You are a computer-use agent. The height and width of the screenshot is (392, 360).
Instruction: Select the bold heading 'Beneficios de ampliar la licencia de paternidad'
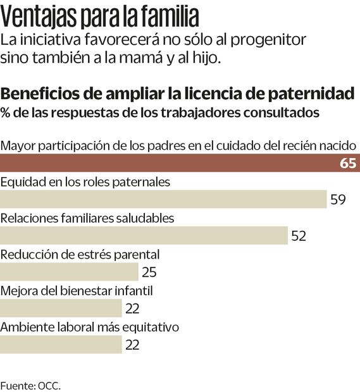(x=178, y=95)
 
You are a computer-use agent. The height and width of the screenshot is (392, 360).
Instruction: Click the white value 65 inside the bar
(x=347, y=163)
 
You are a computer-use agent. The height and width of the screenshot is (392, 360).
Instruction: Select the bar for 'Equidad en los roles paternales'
(x=163, y=199)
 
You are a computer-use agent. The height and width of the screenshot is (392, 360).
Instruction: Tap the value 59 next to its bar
(x=338, y=200)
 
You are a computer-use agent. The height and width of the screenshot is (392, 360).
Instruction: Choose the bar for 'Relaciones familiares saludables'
(x=144, y=235)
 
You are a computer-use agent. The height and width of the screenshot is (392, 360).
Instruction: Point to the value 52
(x=298, y=236)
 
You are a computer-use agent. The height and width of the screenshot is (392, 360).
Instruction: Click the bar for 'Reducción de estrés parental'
(x=69, y=272)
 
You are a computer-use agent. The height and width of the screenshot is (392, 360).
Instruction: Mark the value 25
(x=149, y=273)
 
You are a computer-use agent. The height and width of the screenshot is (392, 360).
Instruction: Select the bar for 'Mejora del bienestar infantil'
(x=61, y=308)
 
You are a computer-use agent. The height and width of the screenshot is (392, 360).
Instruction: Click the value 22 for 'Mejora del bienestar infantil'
(x=132, y=309)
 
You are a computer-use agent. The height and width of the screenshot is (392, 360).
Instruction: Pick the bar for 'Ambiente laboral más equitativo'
(x=61, y=345)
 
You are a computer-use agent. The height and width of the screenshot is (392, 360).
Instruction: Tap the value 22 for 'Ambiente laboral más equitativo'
(x=132, y=345)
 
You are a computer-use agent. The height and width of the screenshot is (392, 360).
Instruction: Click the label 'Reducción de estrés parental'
(x=80, y=255)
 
